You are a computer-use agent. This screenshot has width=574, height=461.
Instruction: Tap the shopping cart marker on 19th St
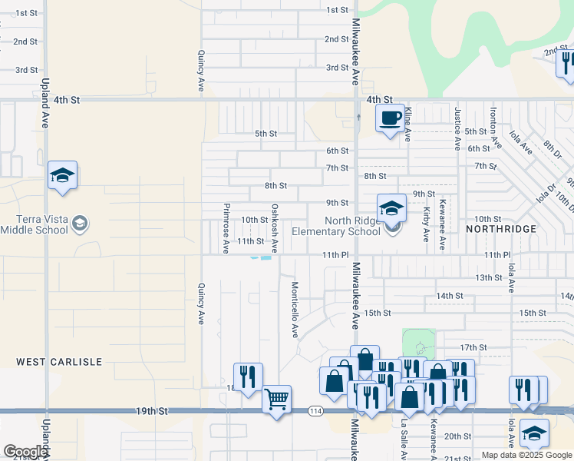click(x=276, y=399)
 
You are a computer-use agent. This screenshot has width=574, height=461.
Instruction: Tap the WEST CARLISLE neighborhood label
click(x=48, y=361)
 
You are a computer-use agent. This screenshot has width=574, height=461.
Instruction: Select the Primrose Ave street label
click(x=226, y=228)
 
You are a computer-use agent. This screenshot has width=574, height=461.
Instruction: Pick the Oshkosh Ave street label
click(x=274, y=228)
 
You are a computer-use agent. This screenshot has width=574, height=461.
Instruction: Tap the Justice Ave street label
click(x=457, y=128)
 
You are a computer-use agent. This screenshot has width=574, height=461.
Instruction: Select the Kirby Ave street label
click(x=426, y=224)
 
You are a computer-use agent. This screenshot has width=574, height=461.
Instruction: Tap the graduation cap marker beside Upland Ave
click(x=62, y=176)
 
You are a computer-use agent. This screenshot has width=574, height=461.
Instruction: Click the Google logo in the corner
click(x=25, y=452)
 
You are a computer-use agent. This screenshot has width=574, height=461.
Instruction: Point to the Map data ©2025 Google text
click(x=526, y=455)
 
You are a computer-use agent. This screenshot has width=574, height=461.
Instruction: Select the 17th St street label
click(x=473, y=347)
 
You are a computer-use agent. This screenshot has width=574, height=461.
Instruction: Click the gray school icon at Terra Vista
click(x=79, y=224)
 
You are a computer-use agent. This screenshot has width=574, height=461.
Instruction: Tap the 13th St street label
click(x=487, y=277)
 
